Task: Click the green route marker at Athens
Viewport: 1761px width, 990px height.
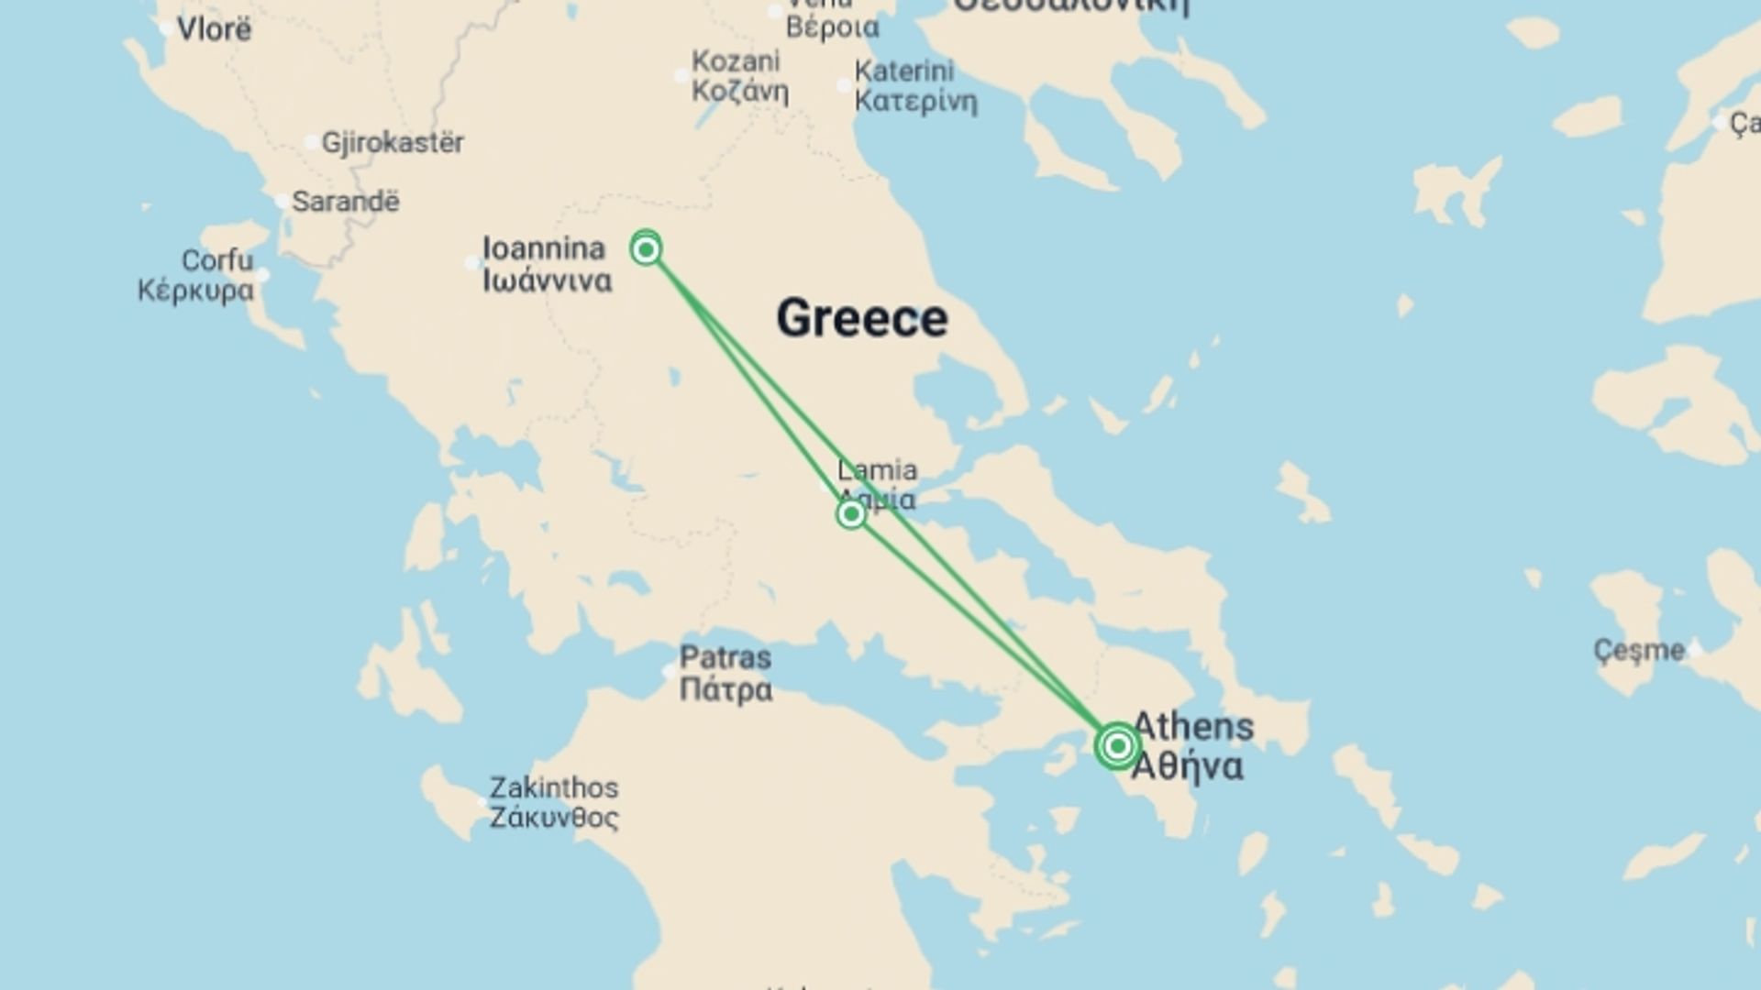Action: click(1117, 746)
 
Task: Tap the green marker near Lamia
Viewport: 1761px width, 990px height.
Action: click(851, 514)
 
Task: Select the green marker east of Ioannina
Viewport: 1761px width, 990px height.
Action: click(647, 249)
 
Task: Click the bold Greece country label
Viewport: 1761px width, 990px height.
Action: click(861, 318)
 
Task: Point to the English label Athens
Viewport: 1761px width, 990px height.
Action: click(1194, 726)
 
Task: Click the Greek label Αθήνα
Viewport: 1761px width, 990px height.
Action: click(1188, 766)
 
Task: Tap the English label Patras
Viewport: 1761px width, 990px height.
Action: click(725, 657)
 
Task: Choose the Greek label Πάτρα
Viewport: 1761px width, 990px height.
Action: click(725, 688)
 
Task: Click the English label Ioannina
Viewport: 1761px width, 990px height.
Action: click(544, 248)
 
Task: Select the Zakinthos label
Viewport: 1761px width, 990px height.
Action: click(553, 787)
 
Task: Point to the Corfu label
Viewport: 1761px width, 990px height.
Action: click(217, 260)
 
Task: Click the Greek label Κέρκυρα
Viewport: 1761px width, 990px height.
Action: click(195, 291)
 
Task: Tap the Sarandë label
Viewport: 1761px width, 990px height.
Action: click(346, 202)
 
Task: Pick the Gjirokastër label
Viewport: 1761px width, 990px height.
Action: click(393, 143)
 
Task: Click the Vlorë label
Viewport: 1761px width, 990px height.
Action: click(214, 29)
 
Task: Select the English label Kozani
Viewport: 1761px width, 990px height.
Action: click(736, 61)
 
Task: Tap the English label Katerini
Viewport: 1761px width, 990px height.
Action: click(904, 71)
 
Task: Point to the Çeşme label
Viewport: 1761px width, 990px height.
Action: click(1639, 651)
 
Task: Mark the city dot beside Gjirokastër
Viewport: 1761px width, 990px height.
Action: click(312, 142)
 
